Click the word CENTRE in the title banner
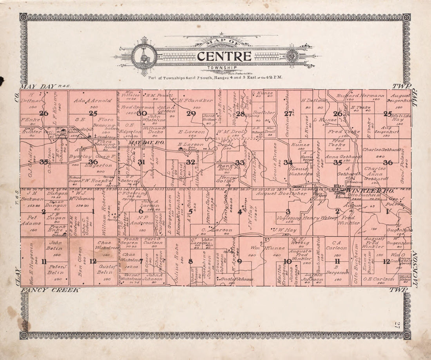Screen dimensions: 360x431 pos(224,56)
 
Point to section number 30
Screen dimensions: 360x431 pos(142,113)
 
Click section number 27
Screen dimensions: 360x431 pos(288,113)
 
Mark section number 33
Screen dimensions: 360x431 pos(239,162)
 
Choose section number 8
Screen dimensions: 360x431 pos(190,261)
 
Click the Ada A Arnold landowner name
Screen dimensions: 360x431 pos(93,101)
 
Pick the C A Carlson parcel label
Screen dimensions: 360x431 pos(336,248)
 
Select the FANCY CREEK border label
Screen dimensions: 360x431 pos(50,290)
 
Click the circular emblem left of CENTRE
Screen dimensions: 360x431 pos(144,56)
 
